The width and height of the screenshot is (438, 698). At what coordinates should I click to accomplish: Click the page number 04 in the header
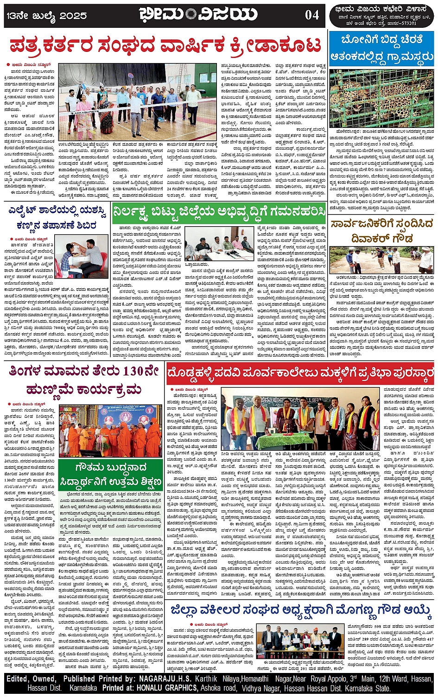point(311,15)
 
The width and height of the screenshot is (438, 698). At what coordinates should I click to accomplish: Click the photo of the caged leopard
point(381,98)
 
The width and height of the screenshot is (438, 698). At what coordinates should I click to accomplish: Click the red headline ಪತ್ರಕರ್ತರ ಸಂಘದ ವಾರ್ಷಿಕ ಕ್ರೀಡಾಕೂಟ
point(165,45)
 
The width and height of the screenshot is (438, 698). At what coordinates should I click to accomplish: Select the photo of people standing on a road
point(381,260)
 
